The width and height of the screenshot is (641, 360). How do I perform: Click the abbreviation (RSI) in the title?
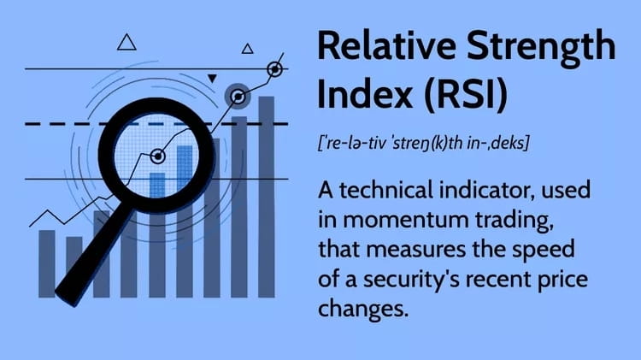click(x=468, y=96)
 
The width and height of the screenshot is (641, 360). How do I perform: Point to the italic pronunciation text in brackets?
click(x=422, y=143)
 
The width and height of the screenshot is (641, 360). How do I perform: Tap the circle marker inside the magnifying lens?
click(x=157, y=156)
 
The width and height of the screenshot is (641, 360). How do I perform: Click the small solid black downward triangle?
click(x=213, y=79)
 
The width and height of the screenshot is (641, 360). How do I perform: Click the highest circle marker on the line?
click(x=275, y=68)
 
